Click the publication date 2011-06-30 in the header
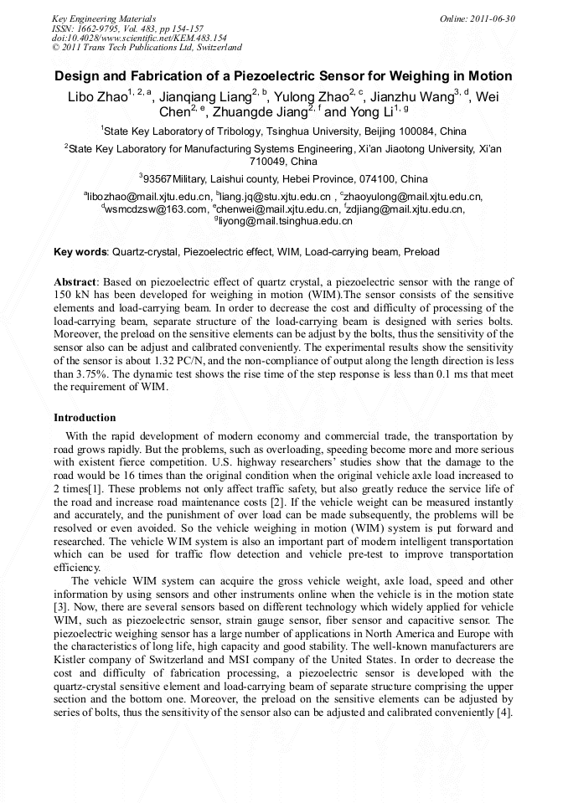pos(496,18)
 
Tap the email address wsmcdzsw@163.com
pos(157,209)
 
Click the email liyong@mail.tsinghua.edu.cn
pos(287,222)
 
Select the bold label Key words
pos(80,252)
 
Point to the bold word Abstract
pos(75,282)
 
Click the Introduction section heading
pos(85,417)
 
